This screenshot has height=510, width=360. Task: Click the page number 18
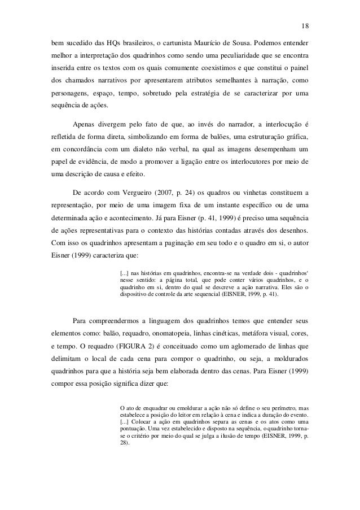point(305,25)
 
